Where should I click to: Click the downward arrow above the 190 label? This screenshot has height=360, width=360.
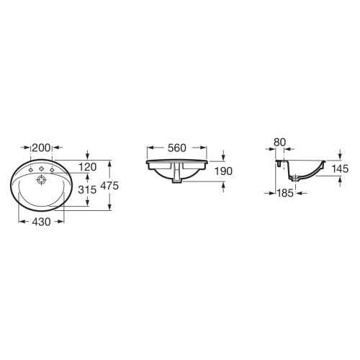224,155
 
